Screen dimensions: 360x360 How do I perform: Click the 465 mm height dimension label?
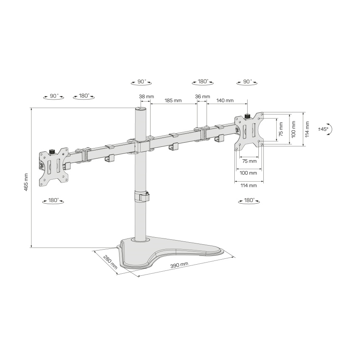[26, 182]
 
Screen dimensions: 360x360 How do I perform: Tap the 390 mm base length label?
[179, 264]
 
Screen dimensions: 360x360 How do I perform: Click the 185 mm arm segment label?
[173, 100]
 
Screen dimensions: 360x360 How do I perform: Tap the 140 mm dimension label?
[225, 100]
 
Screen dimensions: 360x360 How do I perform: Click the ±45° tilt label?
[323, 129]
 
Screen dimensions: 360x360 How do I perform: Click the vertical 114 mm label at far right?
[307, 129]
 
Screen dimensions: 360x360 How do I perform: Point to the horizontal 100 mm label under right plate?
[248, 173]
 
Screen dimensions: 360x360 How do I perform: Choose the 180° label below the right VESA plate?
[249, 200]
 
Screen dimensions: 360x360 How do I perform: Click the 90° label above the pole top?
[142, 82]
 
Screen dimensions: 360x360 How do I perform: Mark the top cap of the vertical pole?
[141, 109]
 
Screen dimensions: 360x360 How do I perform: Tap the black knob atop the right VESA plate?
[248, 116]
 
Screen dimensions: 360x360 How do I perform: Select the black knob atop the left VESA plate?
[52, 151]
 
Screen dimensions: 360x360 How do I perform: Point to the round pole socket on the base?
[141, 239]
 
